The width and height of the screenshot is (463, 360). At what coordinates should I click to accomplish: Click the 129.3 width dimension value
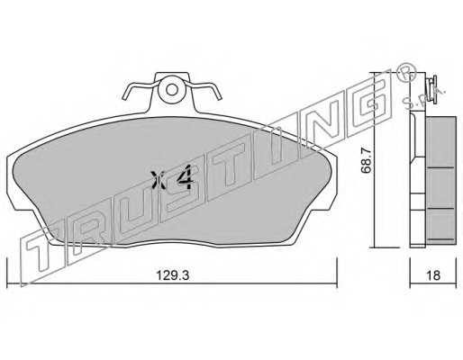(173, 274)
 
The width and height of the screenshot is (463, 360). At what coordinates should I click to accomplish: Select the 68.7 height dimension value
(367, 161)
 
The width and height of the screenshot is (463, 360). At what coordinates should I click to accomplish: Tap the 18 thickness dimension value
(433, 274)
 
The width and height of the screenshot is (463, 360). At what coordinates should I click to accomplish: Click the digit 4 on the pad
(184, 177)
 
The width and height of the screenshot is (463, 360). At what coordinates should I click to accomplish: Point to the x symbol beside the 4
(159, 180)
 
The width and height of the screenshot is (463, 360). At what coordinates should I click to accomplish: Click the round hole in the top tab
(172, 89)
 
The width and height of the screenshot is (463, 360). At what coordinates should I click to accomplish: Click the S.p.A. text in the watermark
(423, 96)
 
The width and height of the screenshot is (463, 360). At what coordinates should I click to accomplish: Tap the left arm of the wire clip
(139, 89)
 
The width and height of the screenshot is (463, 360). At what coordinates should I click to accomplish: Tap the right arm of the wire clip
(204, 89)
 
